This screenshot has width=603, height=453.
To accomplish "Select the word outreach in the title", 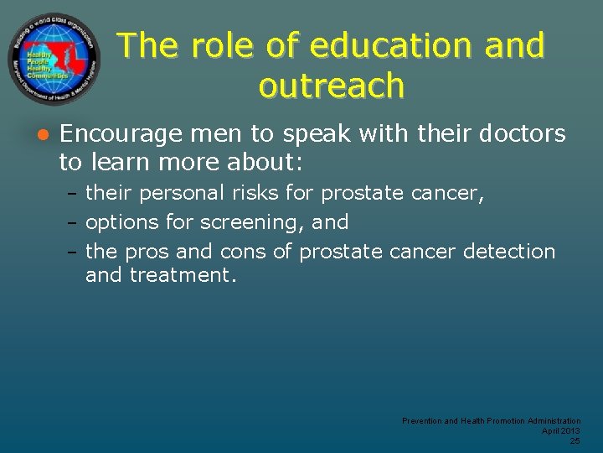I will (332, 86).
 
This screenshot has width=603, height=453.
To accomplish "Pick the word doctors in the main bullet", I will (523, 134).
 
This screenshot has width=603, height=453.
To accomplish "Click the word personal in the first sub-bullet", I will (181, 194).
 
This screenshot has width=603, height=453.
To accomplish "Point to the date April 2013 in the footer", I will (561, 430).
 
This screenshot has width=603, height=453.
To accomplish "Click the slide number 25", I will (575, 440).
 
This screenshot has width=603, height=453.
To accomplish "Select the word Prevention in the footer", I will (422, 420).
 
